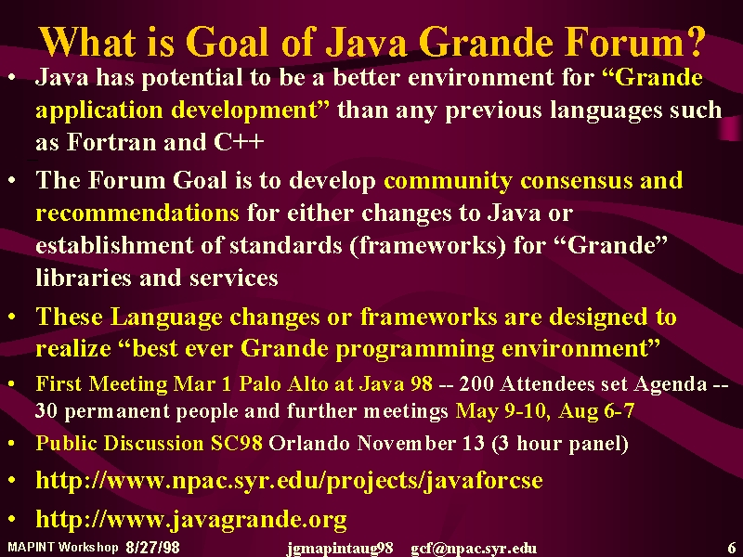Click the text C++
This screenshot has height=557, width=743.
pyautogui.click(x=239, y=142)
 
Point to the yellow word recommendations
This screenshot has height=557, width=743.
pyautogui.click(x=137, y=213)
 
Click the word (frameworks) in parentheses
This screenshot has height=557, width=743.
pyautogui.click(x=428, y=245)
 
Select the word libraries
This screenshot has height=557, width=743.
pyautogui.click(x=84, y=278)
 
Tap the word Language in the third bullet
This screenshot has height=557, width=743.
pyautogui.click(x=166, y=317)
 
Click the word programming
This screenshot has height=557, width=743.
pyautogui.click(x=414, y=350)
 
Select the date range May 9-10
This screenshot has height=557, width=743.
pyautogui.click(x=502, y=410)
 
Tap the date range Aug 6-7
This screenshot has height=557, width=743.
pyautogui.click(x=596, y=410)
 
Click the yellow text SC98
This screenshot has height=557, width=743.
pyautogui.click(x=237, y=443)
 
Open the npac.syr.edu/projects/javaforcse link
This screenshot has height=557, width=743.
pyautogui.click(x=289, y=480)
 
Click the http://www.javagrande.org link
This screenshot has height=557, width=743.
pyautogui.click(x=191, y=519)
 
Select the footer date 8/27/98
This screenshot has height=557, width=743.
pyautogui.click(x=153, y=548)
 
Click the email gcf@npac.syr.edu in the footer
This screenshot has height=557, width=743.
pyautogui.click(x=474, y=548)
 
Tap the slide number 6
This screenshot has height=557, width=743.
pyautogui.click(x=732, y=547)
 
